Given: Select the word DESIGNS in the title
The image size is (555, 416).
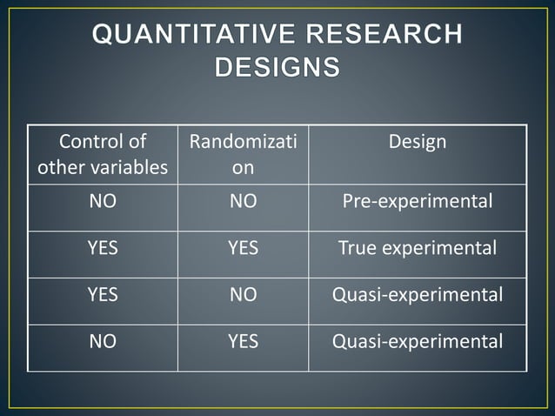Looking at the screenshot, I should point(277,67).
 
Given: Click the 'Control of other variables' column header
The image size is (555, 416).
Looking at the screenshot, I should point(103,154).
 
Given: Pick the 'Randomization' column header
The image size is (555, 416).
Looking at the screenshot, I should point(243,154).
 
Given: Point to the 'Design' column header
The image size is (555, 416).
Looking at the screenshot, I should point(418,141).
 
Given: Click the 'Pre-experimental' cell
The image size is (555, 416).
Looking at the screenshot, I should point(418,202).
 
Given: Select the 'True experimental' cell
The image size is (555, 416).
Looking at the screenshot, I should point(418,249).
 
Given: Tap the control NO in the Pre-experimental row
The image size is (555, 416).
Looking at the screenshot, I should point(103,202).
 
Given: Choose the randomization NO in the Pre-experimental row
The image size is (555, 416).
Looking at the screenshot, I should point(243,202).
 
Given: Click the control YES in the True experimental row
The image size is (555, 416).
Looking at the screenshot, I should point(103,249).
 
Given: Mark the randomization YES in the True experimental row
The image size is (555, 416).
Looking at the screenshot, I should point(243,249).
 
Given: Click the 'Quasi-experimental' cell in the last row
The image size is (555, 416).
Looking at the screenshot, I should point(418,342).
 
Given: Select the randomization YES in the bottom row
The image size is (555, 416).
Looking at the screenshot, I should point(243,342).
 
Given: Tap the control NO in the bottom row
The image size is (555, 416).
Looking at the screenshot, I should point(103,342).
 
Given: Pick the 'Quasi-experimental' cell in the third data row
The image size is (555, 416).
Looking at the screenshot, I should point(418,295).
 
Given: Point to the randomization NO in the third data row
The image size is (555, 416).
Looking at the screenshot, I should point(243,295).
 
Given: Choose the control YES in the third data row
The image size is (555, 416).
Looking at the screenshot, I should point(103,295).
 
